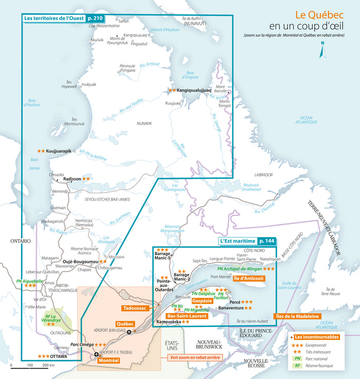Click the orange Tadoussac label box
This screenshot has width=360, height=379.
pos(134,308)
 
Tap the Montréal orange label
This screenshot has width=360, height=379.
pos(109,360)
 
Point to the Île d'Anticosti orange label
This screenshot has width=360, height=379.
pos(248,278)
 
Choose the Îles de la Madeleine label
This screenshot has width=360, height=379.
pos(298,316)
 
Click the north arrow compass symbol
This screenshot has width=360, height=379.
pos(322,50)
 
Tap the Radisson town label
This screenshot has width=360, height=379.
pos(72,179)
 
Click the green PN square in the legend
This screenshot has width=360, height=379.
pos(297,358)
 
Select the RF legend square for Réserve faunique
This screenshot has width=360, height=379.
pos(297,366)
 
